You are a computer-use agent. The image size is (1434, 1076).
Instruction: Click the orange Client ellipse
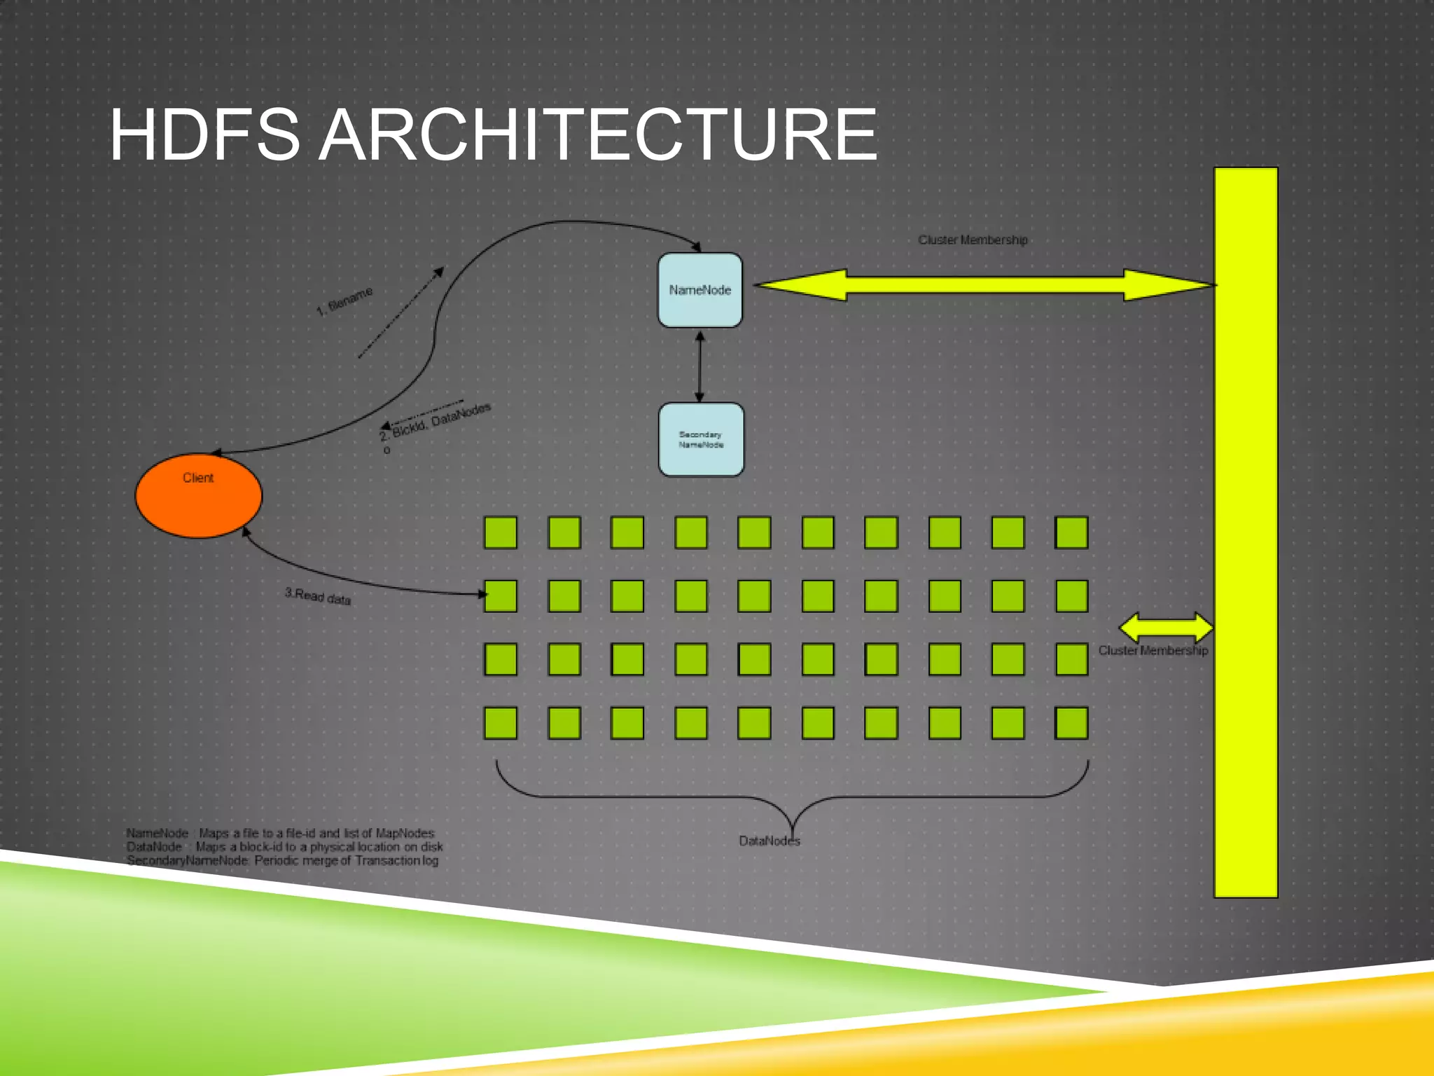pyautogui.click(x=198, y=496)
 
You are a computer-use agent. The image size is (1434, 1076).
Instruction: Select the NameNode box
pyautogui.click(x=699, y=290)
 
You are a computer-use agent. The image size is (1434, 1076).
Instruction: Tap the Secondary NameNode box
pyautogui.click(x=701, y=439)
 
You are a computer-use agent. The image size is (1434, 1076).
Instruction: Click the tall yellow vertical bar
pyautogui.click(x=1246, y=532)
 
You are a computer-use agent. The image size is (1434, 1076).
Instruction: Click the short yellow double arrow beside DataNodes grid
pyautogui.click(x=1166, y=626)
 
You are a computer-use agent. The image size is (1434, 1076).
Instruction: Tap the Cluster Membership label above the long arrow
pyautogui.click(x=973, y=240)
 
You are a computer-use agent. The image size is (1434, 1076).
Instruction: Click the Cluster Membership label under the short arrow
pyautogui.click(x=1153, y=651)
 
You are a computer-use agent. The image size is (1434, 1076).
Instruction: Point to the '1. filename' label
pyautogui.click(x=344, y=301)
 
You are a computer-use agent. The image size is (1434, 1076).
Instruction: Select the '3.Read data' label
pyautogui.click(x=317, y=596)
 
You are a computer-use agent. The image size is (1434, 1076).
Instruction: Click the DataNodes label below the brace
pyautogui.click(x=769, y=841)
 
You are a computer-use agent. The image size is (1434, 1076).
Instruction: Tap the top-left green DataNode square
pyautogui.click(x=501, y=532)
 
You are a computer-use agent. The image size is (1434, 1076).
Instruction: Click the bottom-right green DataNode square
pyautogui.click(x=1071, y=723)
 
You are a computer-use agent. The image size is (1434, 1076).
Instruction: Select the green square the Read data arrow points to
pyautogui.click(x=501, y=596)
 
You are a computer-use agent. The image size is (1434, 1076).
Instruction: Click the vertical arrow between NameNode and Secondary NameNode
pyautogui.click(x=699, y=366)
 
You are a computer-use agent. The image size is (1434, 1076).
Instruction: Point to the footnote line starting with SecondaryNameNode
pyautogui.click(x=282, y=861)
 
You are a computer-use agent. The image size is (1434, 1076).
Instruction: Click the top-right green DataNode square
pyautogui.click(x=1071, y=532)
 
